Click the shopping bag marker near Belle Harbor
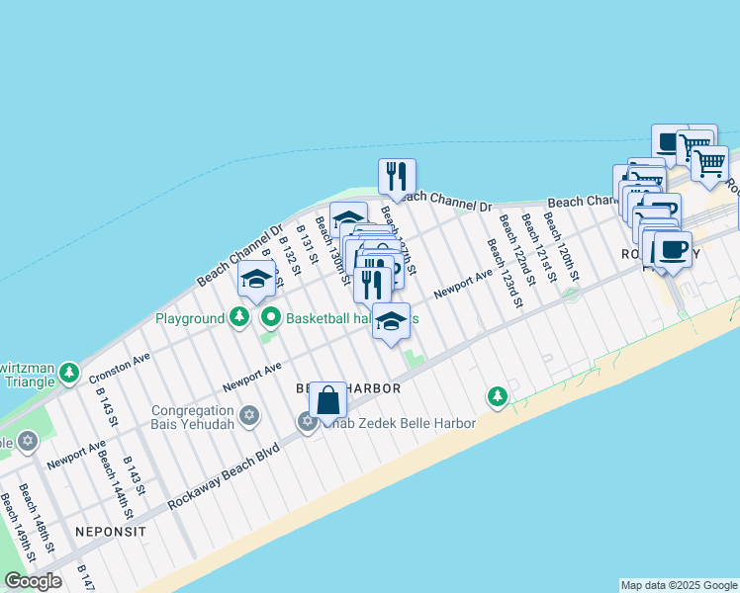tap(328, 401)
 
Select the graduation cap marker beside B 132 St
tap(256, 280)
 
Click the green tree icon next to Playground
tap(238, 318)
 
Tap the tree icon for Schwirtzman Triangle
tap(68, 373)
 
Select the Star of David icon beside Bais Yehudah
tap(248, 414)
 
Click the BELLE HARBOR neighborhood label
tap(348, 388)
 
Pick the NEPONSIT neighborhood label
tap(110, 531)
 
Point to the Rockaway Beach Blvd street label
tap(225, 475)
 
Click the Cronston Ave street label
tap(120, 369)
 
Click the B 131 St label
tap(304, 244)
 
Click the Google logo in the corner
tap(33, 581)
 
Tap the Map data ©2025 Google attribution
tap(679, 585)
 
